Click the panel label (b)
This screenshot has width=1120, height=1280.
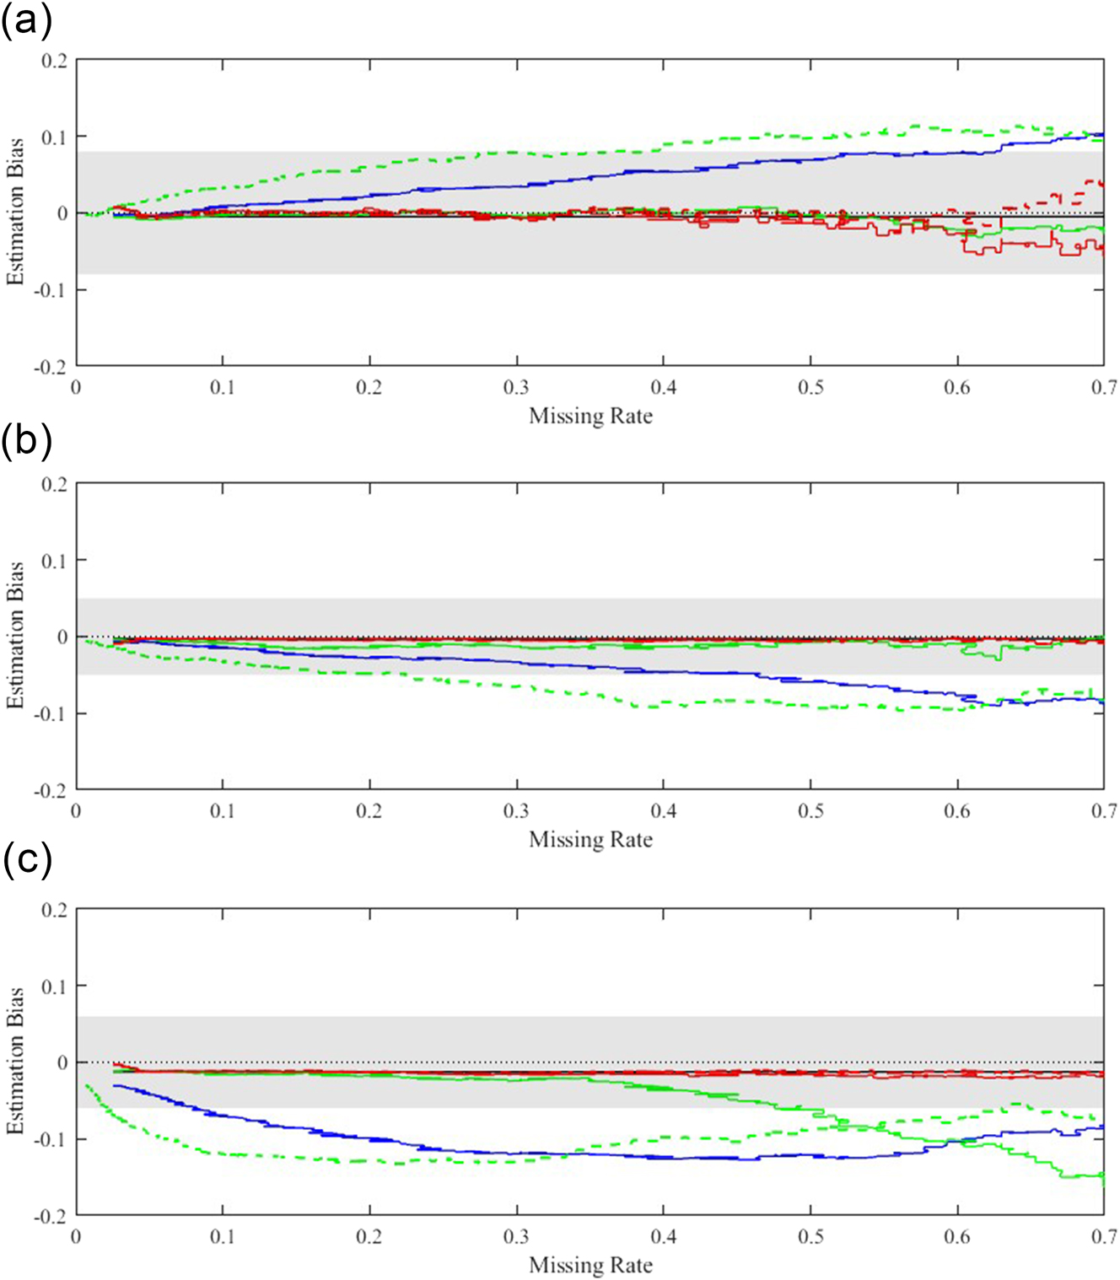point(26,440)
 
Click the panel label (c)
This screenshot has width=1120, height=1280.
point(26,859)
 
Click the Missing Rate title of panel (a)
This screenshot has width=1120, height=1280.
point(590,416)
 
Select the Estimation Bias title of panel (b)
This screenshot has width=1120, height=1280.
point(15,636)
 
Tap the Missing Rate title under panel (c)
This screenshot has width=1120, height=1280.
point(590,1265)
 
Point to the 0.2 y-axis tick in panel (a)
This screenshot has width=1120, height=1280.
point(55,61)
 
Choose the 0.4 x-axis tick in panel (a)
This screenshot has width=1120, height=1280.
point(663,388)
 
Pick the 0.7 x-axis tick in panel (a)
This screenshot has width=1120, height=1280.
point(1103,388)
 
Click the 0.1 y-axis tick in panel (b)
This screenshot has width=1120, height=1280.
point(55,561)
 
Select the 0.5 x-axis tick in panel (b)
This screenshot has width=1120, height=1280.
point(810,812)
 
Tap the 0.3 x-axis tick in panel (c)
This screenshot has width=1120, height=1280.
point(516,1237)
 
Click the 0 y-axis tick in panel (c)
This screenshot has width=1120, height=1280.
point(62,1062)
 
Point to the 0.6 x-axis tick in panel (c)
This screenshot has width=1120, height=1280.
point(957,1237)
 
